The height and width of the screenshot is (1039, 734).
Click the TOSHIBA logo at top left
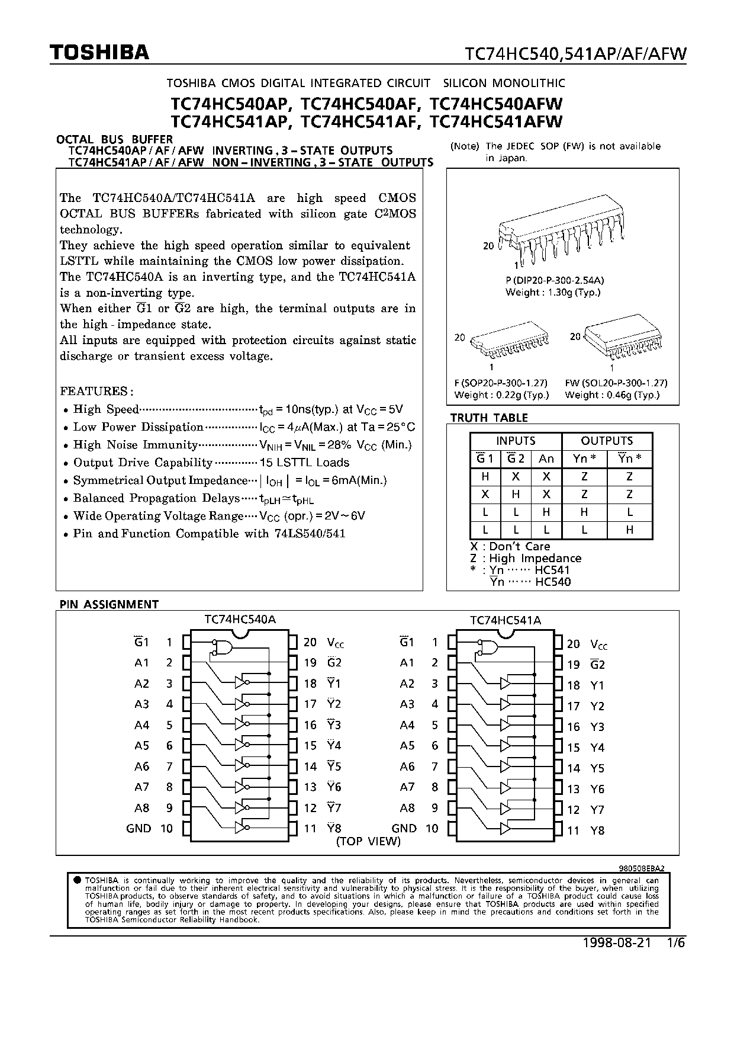[99, 53]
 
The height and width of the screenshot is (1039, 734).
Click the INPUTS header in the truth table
[516, 441]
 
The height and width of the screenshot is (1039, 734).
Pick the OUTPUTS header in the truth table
[607, 441]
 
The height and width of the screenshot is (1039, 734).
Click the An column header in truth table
[546, 458]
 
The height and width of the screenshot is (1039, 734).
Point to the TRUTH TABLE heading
[489, 418]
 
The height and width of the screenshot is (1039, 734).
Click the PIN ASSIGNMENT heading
[109, 604]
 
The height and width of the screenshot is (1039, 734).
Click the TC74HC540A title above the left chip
[240, 619]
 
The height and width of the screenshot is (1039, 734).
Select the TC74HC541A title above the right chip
[506, 620]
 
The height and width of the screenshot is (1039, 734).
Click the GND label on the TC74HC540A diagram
[139, 828]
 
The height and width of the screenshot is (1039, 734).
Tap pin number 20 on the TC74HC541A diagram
[573, 644]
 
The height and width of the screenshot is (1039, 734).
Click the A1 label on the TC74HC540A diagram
[141, 663]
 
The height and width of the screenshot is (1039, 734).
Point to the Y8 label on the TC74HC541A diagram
[597, 830]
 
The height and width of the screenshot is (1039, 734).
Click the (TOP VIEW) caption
[368, 841]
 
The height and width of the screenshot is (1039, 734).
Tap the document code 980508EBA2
[642, 867]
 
